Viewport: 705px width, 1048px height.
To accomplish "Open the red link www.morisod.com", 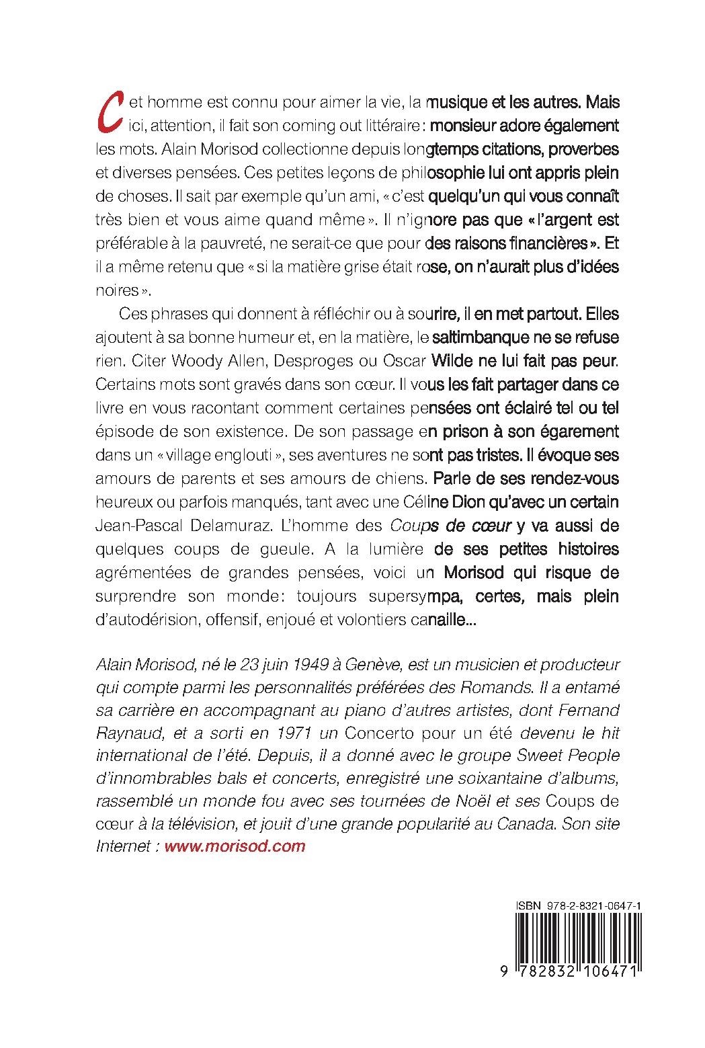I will click(235, 846).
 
